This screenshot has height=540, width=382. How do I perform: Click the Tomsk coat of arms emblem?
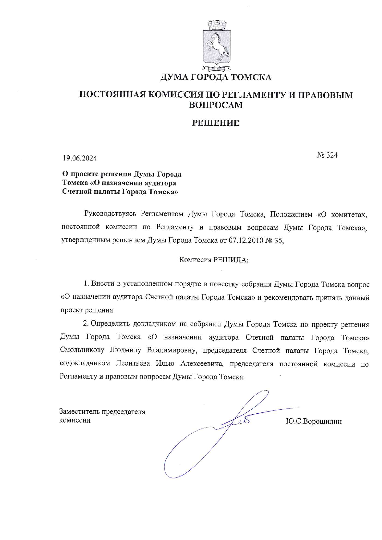216,45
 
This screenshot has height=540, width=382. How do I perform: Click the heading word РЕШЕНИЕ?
216,123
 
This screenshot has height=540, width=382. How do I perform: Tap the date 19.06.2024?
80,158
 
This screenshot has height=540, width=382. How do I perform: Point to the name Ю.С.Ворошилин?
314,421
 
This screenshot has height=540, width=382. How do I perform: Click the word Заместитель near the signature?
79,412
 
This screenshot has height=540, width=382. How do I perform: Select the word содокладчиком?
85,363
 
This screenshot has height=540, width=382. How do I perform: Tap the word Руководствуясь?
110,214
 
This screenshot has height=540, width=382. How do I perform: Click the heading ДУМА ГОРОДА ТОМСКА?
216,77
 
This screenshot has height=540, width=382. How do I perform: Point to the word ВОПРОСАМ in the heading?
215,105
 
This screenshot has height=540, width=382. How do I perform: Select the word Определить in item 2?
110,324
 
